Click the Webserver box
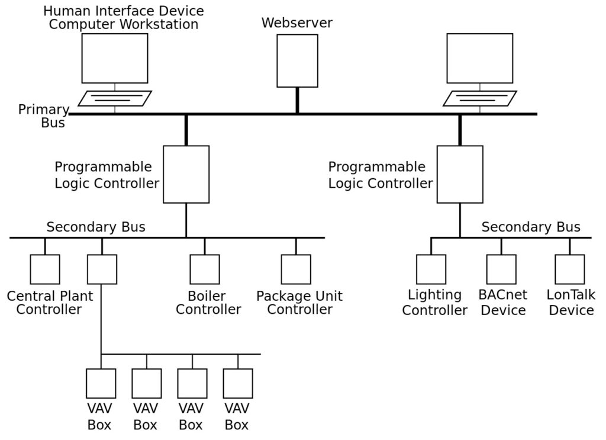click(297, 61)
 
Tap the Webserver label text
click(297, 23)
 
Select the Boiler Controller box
click(204, 269)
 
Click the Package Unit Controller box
click(296, 269)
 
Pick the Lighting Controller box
click(431, 269)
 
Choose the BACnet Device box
click(501, 269)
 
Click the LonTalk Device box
click(570, 269)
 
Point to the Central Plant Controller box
click(45, 269)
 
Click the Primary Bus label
click(44, 116)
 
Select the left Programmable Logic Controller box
click(186, 174)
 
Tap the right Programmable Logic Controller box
click(460, 174)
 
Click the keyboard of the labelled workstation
click(115, 98)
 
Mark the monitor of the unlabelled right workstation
click(480, 58)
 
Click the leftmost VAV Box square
click(101, 384)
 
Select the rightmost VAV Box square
click(238, 384)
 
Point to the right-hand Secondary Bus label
click(531, 227)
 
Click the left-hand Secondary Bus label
click(96, 227)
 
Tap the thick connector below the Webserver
click(297, 100)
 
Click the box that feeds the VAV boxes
click(102, 269)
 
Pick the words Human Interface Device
click(124, 11)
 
